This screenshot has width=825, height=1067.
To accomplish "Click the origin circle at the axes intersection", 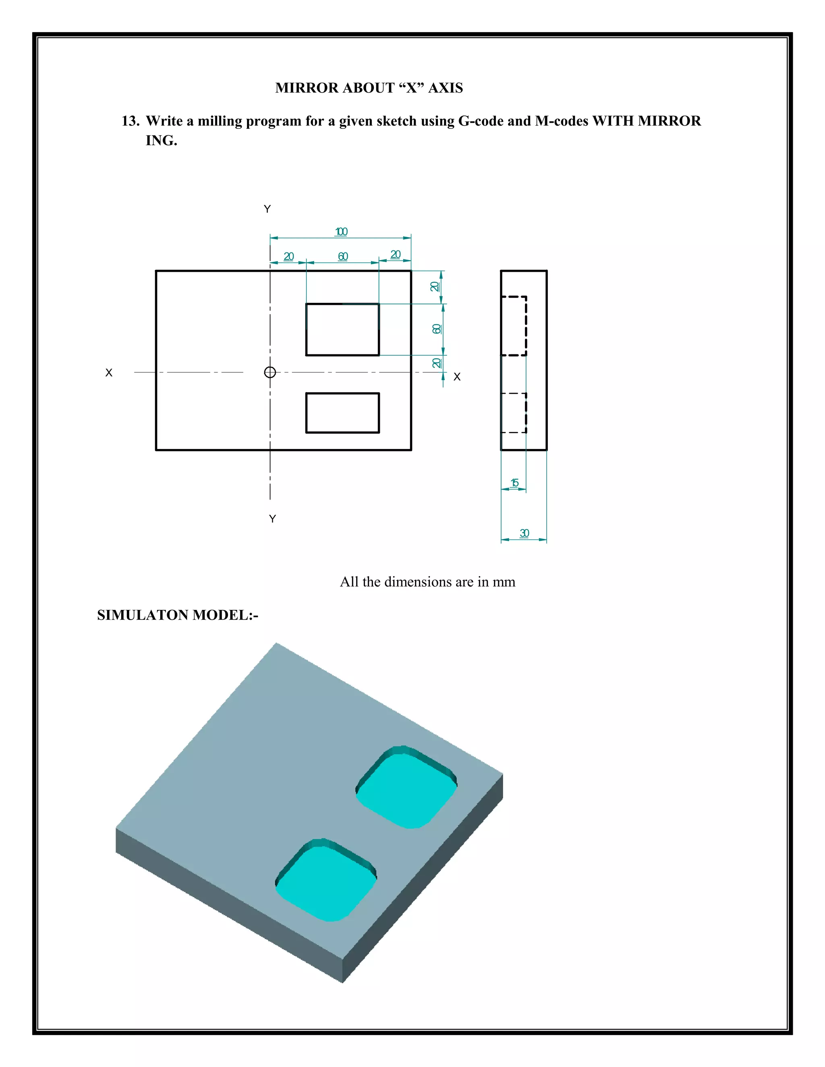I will (270, 372).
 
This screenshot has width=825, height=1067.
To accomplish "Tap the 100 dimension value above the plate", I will (341, 232).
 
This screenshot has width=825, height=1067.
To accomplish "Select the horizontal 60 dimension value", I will (343, 256).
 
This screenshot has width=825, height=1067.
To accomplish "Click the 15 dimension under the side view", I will (514, 483).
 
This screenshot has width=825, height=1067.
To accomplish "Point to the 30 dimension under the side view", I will (524, 533).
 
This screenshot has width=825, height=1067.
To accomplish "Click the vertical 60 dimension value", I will (436, 329).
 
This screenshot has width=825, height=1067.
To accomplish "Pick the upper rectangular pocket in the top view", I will (342, 329).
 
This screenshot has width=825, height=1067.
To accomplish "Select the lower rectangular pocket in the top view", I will (342, 413).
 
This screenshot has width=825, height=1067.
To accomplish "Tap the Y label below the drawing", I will (273, 519).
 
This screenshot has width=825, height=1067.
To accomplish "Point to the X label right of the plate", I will (457, 377).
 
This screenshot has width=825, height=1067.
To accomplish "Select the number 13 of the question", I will (130, 121).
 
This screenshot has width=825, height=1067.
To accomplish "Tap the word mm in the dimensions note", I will (504, 582).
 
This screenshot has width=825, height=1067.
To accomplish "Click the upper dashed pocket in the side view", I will (514, 325).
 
